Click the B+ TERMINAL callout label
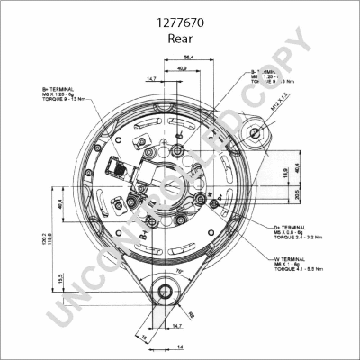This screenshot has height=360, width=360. pos(58,90)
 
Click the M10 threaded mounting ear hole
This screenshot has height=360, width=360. pos(256,134)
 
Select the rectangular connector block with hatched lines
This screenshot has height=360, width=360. pos(118,168)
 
